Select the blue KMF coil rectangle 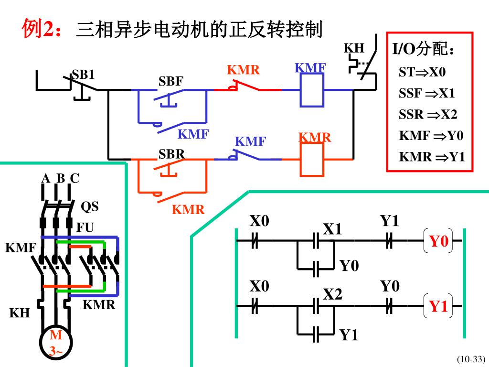coord(312,90)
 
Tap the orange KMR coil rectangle coord(312,160)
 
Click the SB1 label coord(83,75)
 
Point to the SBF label coord(170,81)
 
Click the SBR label coord(171,154)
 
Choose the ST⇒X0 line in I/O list coord(422,72)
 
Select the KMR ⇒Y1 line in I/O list coord(432,157)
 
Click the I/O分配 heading coord(423,49)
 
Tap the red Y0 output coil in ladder coord(438,241)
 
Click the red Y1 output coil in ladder coord(438,306)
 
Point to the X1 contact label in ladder coord(332,229)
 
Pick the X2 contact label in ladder coord(332,294)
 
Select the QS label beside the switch coord(89,206)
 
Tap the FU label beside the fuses coord(85,227)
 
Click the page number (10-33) coord(471,359)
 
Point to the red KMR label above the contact coord(243,70)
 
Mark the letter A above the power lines coord(45,179)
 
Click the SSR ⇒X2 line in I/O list coord(428,115)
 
